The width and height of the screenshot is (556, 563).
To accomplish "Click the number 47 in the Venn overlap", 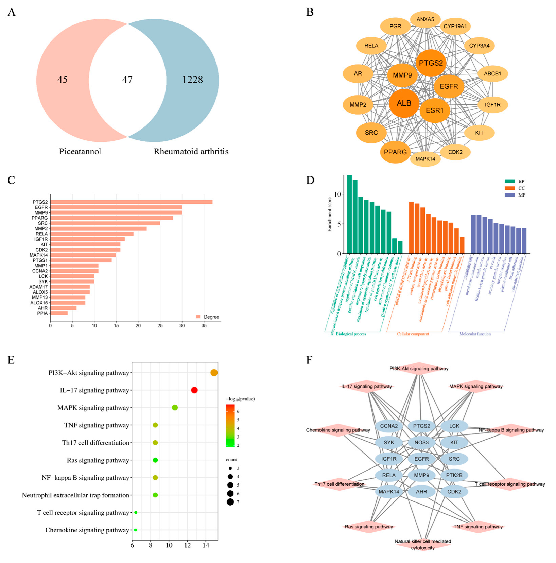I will pos(127,80).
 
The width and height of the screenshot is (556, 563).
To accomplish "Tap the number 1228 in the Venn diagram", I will pos(192,80).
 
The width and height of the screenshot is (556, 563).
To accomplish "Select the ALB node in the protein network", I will pos(404,103).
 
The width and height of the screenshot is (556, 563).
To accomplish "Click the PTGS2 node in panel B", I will pos(431,63).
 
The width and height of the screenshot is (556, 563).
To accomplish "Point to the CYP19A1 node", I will pos(455,26).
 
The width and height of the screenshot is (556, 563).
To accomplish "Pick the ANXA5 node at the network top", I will pos(425,19).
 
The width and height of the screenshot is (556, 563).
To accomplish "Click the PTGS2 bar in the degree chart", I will pos(131,202).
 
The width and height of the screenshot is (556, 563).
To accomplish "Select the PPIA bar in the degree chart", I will pos(59,313).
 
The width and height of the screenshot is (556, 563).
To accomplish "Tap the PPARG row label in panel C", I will pos(40,218).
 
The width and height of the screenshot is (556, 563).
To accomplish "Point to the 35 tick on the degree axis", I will pos(204,325).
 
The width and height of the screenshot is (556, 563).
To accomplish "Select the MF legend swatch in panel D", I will pos(509,195).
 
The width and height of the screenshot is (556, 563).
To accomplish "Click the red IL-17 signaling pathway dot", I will pos(194,390).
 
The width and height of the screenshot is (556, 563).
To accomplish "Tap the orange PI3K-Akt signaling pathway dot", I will pos(214,373).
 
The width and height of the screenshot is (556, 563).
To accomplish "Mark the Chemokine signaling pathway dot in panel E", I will pos(136,530).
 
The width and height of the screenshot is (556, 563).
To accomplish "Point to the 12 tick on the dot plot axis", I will pos(188,545).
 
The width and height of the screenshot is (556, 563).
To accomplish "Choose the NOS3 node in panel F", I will pos(421,442).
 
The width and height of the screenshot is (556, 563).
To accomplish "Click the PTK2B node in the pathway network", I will pos(454,475).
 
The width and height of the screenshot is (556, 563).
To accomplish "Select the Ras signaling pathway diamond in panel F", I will pos(368,527).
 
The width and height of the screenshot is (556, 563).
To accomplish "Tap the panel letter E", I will pos(11,360).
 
